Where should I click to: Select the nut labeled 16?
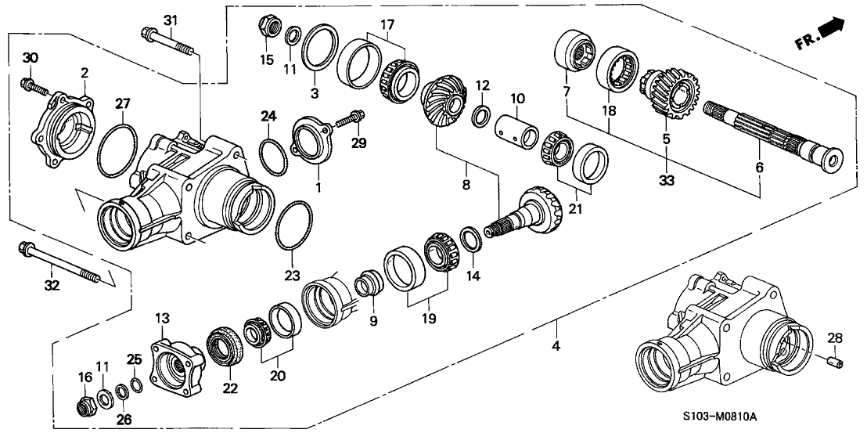click(x=85, y=406)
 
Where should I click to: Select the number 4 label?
click(x=556, y=345)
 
